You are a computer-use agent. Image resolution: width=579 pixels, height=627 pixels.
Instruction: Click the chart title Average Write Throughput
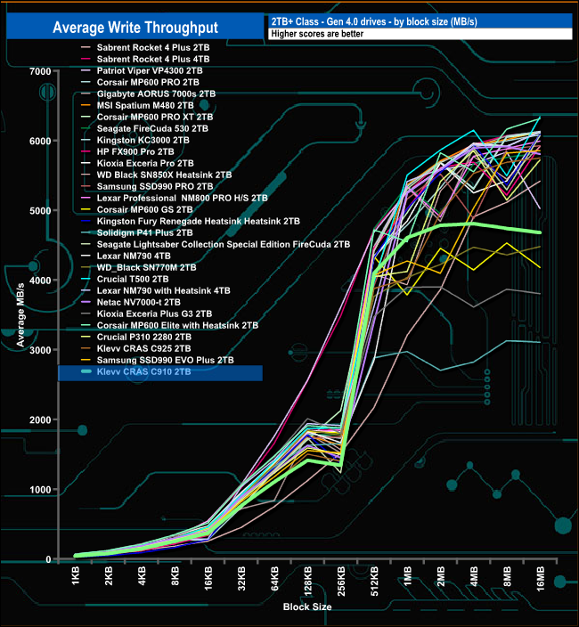coord(136,27)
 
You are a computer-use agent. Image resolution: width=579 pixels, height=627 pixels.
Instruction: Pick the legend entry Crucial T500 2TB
coord(131,279)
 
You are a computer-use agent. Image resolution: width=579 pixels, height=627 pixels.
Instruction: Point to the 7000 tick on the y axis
coord(38,71)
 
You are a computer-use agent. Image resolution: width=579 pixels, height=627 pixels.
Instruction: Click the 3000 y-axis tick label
coord(38,350)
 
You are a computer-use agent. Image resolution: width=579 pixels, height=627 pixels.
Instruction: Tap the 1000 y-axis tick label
coord(38,490)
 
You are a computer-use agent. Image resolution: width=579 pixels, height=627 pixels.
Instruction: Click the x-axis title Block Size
coord(308,607)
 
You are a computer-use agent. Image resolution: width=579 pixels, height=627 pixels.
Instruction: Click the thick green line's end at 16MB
coord(540,232)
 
